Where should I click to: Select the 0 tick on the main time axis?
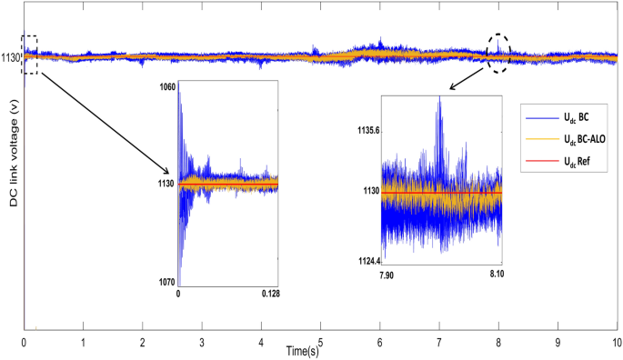point(24,343)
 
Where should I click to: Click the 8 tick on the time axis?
point(498,343)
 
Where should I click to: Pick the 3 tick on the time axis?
point(202,343)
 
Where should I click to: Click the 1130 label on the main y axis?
point(11,56)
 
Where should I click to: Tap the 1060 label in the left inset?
point(166,86)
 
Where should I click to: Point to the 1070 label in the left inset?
point(166,282)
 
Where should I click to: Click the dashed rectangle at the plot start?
point(30,55)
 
